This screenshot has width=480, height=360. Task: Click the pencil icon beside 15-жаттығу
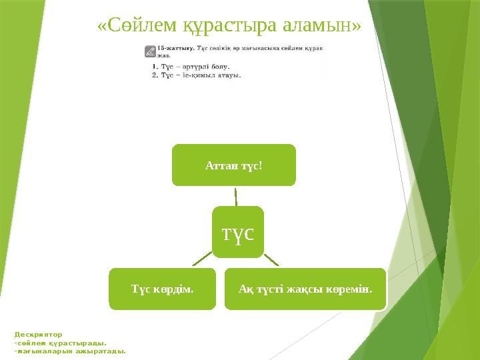(x=150, y=51)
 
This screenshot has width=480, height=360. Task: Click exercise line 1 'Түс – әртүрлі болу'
(x=191, y=67)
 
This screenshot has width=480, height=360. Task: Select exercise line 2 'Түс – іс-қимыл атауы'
(x=196, y=75)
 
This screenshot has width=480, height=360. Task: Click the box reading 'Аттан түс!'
(x=233, y=164)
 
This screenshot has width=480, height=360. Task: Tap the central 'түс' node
(x=238, y=231)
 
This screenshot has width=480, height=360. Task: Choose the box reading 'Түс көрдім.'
(x=163, y=289)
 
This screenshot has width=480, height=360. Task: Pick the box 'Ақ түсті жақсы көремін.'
(x=305, y=289)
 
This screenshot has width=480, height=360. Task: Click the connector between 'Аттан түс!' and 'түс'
(x=236, y=196)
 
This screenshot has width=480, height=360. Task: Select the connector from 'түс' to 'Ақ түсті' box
(x=272, y=261)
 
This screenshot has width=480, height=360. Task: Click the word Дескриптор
(x=38, y=335)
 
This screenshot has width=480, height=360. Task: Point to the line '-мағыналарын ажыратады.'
(x=70, y=351)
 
